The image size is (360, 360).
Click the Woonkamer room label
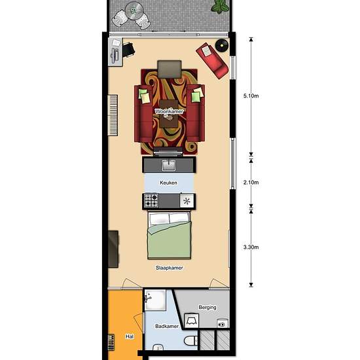tap(168, 112)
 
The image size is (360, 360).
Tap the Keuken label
tap(169, 183)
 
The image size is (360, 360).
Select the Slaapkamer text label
tap(169, 268)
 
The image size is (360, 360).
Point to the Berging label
tap(207, 307)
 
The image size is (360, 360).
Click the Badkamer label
tap(167, 325)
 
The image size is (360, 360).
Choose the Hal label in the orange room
tap(129, 337)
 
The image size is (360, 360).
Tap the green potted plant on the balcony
tap(221, 7)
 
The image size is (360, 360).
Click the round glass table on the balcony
tap(136, 10)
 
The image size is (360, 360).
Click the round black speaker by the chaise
tap(223, 45)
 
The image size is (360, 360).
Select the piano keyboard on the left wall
tap(115, 115)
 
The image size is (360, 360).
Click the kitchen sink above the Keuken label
tap(169, 164)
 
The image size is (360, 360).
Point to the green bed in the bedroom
tap(170, 236)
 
